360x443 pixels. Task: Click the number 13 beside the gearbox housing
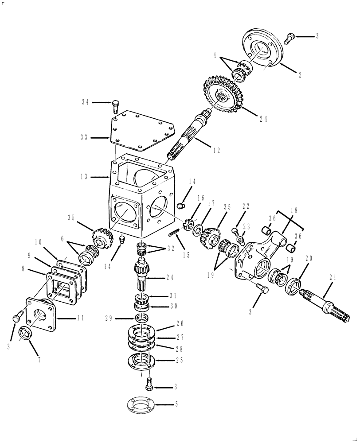pyautogui.click(x=85, y=177)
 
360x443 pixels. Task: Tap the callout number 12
pyautogui.click(x=216, y=150)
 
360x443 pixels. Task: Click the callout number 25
pyautogui.click(x=179, y=360)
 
